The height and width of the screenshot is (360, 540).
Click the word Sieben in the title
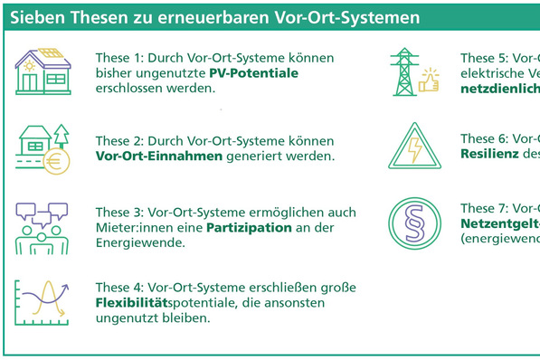click(x=35, y=16)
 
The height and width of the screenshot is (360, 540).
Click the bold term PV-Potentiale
click(x=253, y=72)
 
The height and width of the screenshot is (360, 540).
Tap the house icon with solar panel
click(x=43, y=71)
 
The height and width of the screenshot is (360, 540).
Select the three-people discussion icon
click(x=43, y=228)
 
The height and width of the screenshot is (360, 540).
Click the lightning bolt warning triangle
click(x=416, y=146)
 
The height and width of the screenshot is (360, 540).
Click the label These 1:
click(x=120, y=57)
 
